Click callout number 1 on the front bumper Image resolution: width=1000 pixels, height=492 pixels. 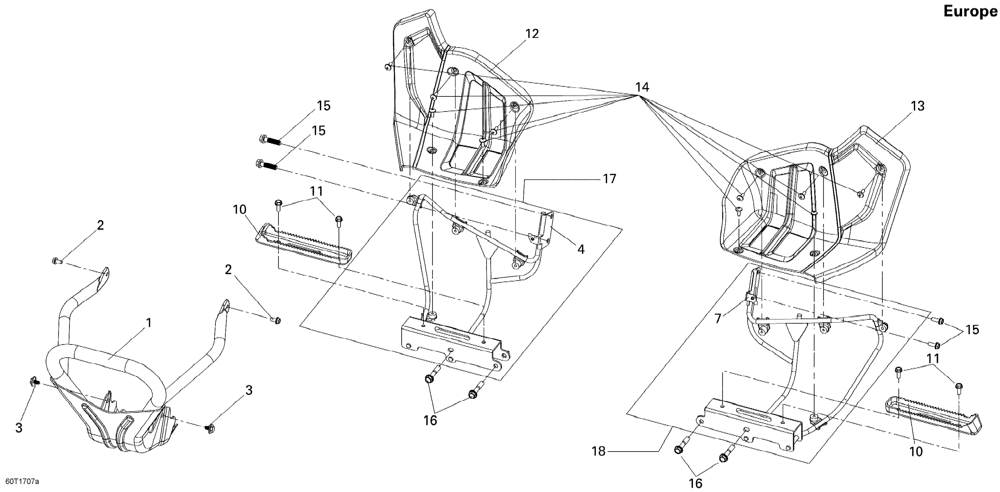(x=148, y=323)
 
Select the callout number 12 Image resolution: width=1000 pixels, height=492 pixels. (x=532, y=34)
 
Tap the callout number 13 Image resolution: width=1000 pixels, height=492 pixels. (x=918, y=106)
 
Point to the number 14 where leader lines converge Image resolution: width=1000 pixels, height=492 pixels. (x=642, y=87)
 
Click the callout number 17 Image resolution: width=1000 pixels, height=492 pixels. (x=609, y=179)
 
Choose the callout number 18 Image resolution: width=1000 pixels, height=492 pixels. (x=599, y=451)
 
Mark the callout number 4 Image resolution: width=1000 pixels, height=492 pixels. (x=581, y=249)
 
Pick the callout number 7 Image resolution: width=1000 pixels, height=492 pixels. (x=718, y=319)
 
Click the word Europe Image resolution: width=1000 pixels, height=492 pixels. (x=970, y=12)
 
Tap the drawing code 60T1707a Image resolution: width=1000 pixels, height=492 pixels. (x=20, y=482)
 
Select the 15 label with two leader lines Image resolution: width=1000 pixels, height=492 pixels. (x=972, y=330)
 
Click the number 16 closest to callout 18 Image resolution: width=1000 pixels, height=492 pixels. (x=696, y=484)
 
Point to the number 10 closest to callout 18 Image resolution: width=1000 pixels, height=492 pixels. (x=916, y=451)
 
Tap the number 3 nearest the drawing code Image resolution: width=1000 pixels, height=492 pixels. (x=19, y=428)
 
